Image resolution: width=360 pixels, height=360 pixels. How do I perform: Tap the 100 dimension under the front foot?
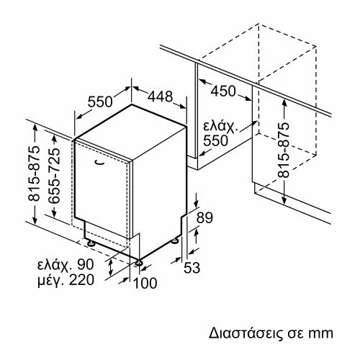pyautogui.click(x=145, y=284)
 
